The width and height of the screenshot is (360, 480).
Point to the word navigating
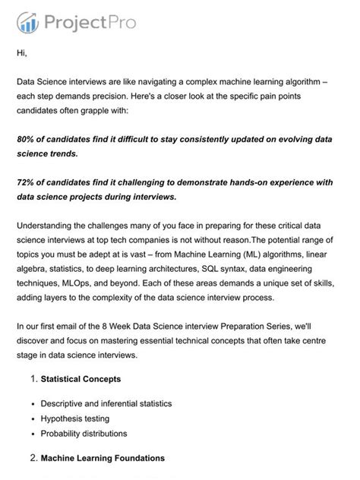tap(188, 80)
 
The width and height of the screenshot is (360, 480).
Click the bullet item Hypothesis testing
tap(76, 418)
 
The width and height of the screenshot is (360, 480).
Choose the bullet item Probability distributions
tap(84, 434)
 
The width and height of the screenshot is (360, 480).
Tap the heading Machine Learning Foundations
tap(103, 459)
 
